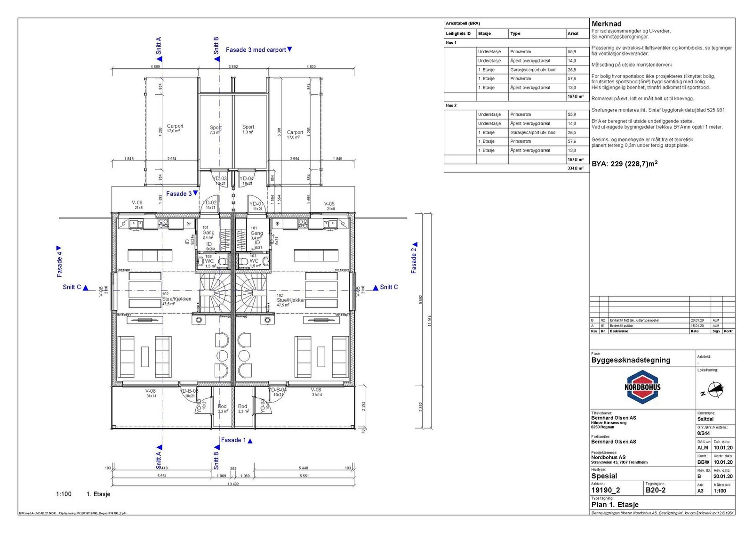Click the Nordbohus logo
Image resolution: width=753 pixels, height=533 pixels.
click(643, 387)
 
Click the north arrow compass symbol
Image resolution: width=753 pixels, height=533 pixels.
click(715, 389)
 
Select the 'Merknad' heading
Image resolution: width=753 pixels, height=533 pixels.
click(606, 24)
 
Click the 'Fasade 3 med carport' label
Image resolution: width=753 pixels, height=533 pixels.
click(256, 49)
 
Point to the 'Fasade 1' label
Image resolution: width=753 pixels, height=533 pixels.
click(234, 440)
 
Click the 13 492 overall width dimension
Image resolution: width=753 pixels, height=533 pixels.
click(233, 485)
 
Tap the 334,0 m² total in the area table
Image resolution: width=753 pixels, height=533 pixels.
click(575, 168)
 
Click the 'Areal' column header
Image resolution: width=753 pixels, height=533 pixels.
click(573, 33)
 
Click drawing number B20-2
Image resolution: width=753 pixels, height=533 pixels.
click(655, 490)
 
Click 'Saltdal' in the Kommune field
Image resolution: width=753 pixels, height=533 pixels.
click(705, 419)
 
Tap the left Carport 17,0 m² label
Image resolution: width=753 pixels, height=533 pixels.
click(175, 128)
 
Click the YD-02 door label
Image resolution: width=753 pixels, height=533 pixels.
click(210, 203)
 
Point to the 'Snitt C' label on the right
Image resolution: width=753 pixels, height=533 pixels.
click(389, 287)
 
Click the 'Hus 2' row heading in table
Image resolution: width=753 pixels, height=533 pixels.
click(451, 105)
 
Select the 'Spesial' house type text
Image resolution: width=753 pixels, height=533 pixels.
click(604, 476)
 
